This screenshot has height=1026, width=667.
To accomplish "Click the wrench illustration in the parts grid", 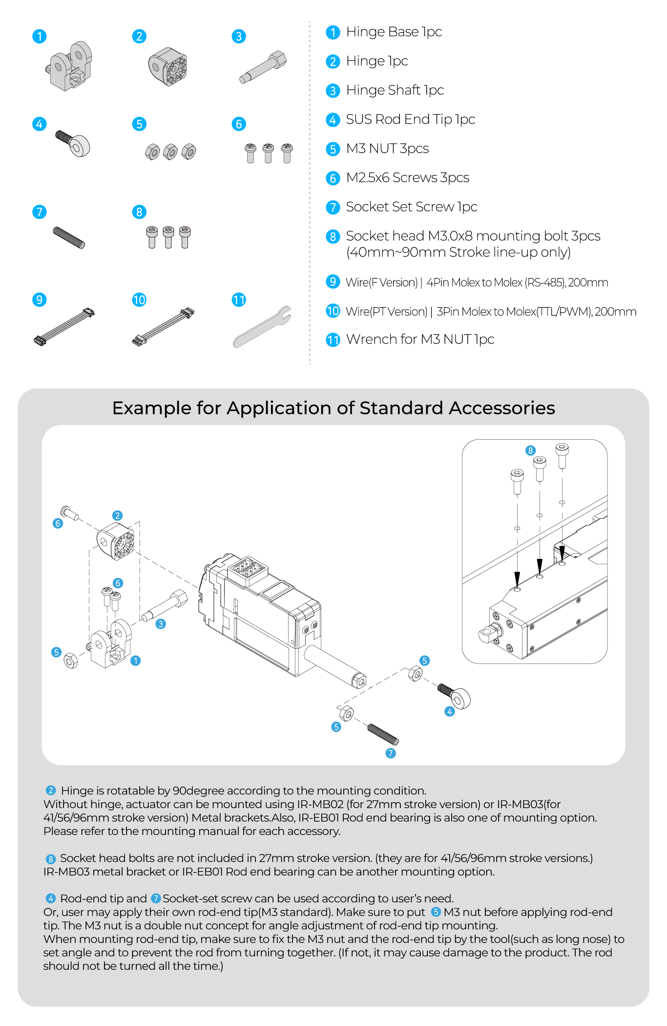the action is tap(262, 327).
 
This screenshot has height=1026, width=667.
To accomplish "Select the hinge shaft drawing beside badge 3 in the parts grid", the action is tap(263, 67).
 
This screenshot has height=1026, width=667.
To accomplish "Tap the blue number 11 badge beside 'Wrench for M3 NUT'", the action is tap(333, 340).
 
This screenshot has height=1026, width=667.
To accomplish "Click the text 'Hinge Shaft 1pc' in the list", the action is tap(395, 90).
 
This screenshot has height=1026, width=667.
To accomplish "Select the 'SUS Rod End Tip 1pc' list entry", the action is tap(411, 119).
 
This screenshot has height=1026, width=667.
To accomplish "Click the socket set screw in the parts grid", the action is tap(69, 238).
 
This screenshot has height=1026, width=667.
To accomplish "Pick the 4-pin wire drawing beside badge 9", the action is tap(64, 326).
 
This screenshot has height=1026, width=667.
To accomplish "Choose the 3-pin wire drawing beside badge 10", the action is tap(163, 326).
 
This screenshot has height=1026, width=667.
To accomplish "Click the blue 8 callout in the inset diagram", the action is tap(531, 450).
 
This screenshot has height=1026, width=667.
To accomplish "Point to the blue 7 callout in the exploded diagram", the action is tap(391, 753).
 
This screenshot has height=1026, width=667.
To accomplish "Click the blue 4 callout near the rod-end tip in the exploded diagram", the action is tap(450, 711).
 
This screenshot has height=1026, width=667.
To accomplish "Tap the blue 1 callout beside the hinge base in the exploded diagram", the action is tap(136, 661).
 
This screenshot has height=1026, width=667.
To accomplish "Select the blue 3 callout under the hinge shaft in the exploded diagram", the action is tap(161, 624).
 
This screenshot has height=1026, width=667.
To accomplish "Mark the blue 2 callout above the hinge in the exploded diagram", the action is tap(117, 515).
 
